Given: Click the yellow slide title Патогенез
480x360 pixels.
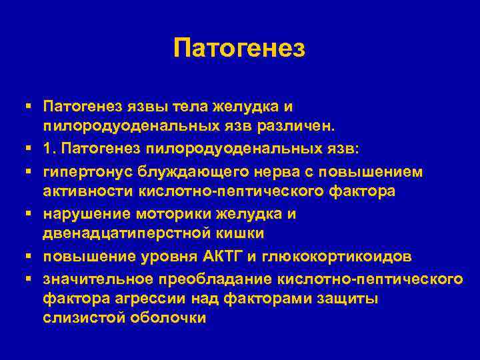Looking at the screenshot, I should click(239, 48).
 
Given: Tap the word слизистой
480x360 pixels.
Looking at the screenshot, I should click(81, 318).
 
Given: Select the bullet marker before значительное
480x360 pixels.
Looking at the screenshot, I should click(31, 277).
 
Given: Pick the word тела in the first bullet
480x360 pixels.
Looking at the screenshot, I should click(188, 105).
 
